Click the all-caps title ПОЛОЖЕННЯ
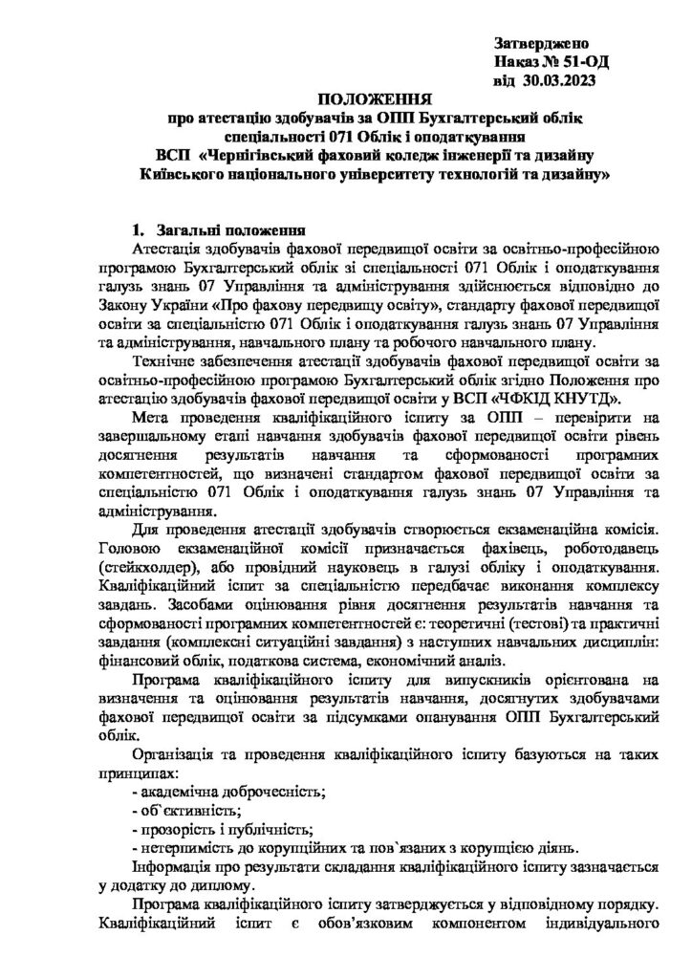[x=375, y=98]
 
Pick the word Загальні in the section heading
[x=186, y=230]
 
